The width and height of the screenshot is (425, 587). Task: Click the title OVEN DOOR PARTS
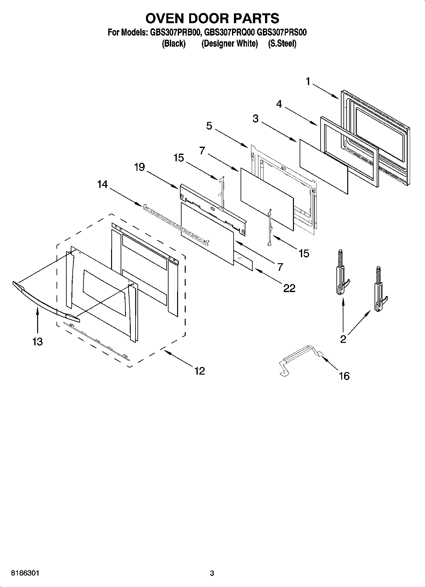[212, 18]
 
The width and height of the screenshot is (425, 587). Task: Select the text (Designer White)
[229, 43]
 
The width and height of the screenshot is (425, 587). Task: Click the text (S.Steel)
[282, 43]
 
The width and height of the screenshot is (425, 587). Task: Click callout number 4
[279, 104]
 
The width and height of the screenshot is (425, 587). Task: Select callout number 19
[139, 167]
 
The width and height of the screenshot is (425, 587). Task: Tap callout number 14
[102, 184]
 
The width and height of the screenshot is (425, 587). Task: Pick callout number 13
[37, 342]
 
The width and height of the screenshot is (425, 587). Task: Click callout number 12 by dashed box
[200, 370]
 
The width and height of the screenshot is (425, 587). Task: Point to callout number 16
[344, 376]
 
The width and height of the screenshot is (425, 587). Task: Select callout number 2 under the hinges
[343, 339]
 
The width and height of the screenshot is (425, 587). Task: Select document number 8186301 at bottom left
[25, 573]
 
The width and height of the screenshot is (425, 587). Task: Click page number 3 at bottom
[212, 573]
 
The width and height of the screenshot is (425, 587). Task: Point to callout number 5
[209, 126]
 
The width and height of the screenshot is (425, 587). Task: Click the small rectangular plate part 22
[243, 260]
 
